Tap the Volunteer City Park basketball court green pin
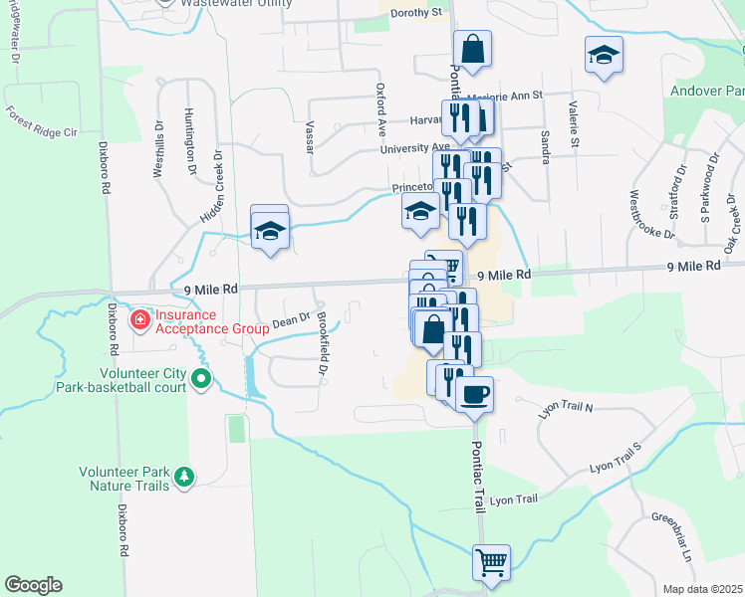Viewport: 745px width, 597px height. pos(202,378)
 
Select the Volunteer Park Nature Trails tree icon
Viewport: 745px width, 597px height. pos(183,479)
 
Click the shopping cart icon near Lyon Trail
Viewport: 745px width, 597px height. pos(491,562)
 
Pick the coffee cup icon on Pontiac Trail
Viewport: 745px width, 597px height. pos(474,393)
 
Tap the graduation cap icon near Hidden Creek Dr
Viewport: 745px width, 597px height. pos(269,230)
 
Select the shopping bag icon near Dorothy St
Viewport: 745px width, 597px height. pos(471,47)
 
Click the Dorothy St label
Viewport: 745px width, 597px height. pos(416,13)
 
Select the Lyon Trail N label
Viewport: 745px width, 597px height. pos(566,409)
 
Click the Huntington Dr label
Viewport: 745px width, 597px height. pos(189,141)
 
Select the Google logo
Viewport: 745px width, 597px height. pos(34,585)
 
